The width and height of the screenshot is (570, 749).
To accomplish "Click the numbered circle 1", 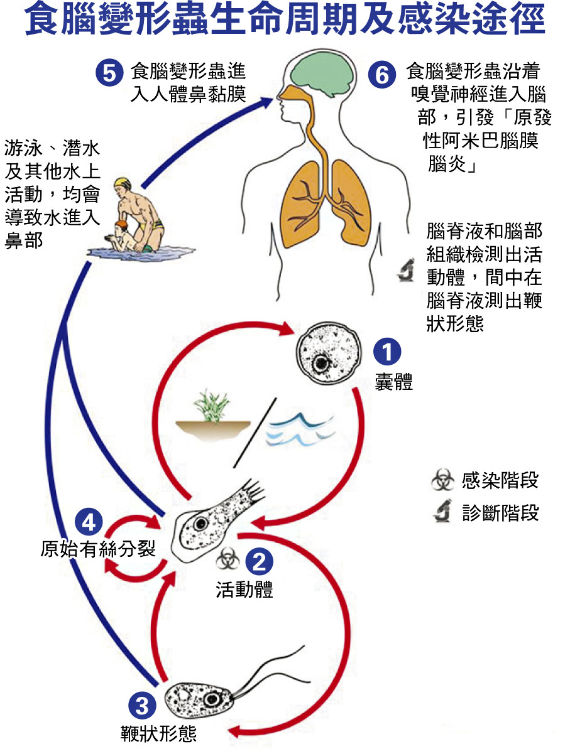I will click(386, 352).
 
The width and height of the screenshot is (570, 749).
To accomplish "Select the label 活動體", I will click(244, 590).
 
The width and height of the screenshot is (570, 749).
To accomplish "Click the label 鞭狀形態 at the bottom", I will click(158, 733).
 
